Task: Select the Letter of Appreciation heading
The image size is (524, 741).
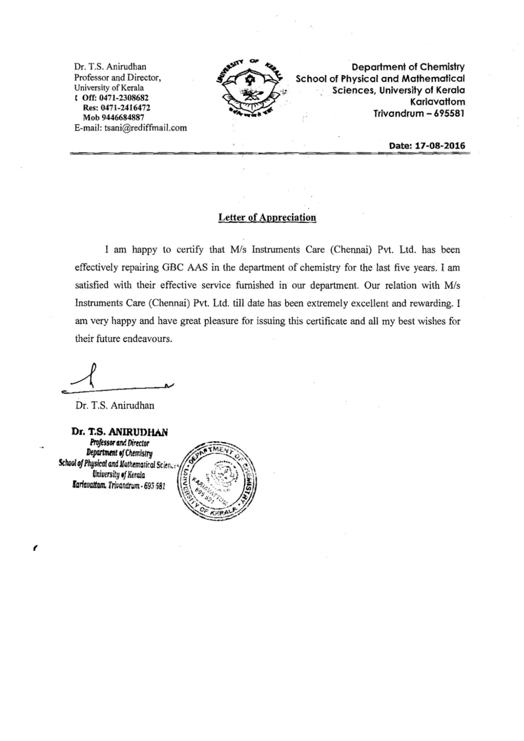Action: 267,217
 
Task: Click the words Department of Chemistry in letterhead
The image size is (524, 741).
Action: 408,67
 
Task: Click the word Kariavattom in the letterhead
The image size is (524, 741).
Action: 437,102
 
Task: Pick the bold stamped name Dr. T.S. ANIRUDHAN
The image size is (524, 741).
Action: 120,432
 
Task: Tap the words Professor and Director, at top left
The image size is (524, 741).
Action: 117,78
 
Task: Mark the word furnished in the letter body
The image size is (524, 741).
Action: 255,285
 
